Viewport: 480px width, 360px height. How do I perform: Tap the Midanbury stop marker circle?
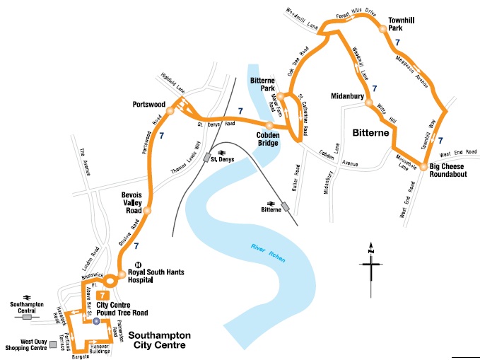tap(368, 103)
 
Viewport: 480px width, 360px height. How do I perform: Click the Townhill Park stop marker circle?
tap(382, 30)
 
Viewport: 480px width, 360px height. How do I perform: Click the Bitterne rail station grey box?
tap(285, 207)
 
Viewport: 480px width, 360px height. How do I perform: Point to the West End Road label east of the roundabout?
tap(455, 153)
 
